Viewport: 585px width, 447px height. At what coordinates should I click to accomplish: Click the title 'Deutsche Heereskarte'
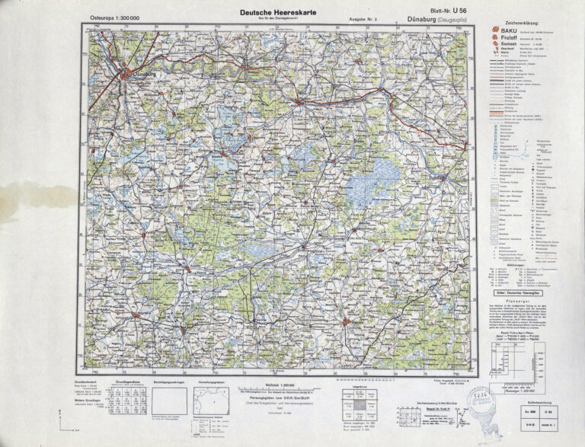(273, 11)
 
